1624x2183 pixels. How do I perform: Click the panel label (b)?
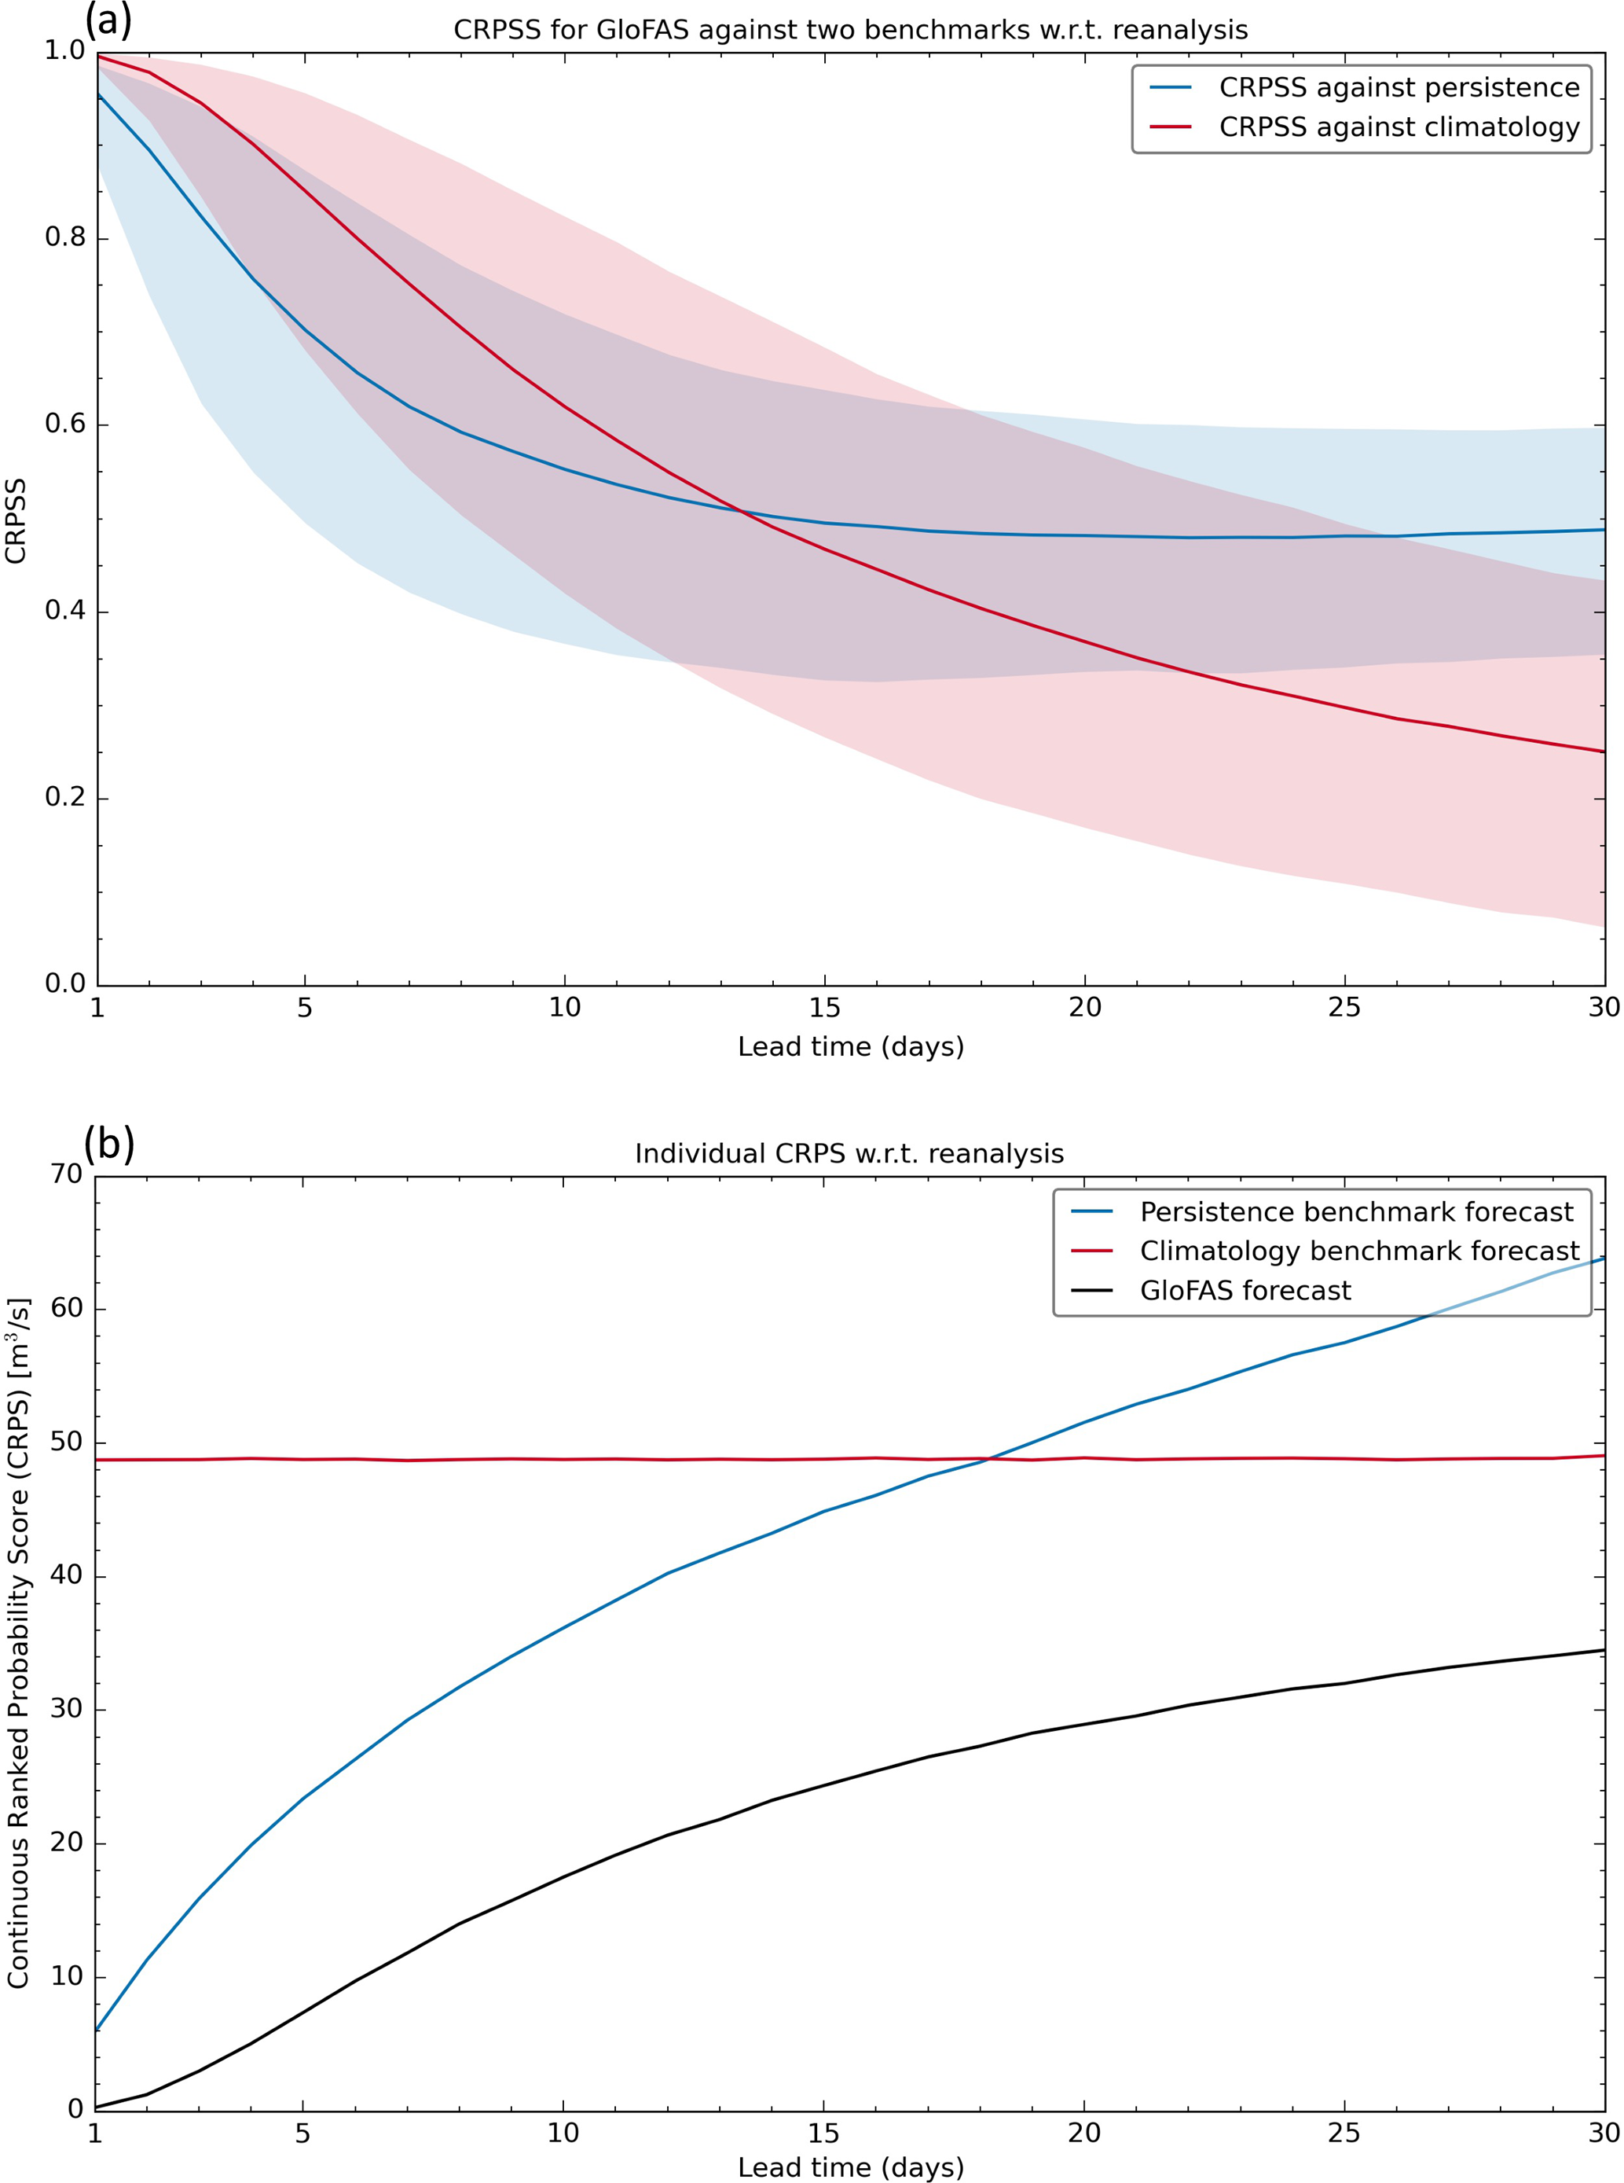coord(108,1144)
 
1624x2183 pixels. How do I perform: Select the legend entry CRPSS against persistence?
coord(1399,87)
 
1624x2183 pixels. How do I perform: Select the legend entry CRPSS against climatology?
coord(1399,127)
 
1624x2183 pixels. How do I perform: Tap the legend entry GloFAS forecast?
coord(1245,1290)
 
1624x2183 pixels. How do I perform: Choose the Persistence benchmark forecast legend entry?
coord(1357,1211)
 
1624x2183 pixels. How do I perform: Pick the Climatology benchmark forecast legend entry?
coord(1359,1251)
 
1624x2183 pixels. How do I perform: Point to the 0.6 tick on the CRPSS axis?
coord(65,424)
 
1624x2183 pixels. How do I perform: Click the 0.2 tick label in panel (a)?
coord(65,796)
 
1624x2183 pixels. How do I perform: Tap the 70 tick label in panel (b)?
coord(67,1174)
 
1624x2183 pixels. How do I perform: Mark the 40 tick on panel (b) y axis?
coord(67,1575)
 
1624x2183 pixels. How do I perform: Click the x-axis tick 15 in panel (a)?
coord(824,1008)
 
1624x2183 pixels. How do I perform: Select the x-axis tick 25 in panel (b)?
coord(1344,2133)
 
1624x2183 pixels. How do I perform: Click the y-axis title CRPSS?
coord(16,520)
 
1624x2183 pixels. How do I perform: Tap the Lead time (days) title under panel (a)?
coord(850,1046)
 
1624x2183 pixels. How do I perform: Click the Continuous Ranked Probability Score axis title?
coord(18,1642)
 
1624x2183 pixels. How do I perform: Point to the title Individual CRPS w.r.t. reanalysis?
coord(849,1153)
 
